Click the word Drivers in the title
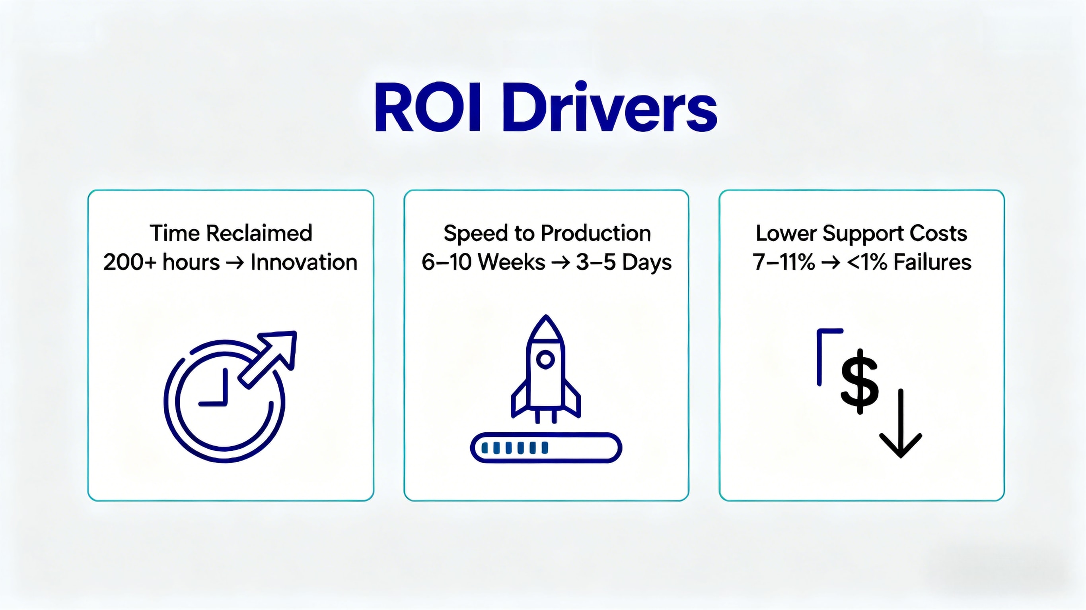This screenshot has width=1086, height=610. click(609, 106)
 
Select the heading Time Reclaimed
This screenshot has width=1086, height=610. click(231, 233)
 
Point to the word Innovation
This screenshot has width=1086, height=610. click(304, 262)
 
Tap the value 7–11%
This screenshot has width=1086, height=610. click(783, 262)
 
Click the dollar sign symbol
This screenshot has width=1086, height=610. click(860, 381)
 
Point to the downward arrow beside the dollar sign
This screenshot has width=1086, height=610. click(901, 423)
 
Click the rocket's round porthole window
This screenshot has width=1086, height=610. click(545, 359)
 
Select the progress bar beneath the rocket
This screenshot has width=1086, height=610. click(546, 447)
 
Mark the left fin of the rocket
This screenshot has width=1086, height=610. click(519, 399)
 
